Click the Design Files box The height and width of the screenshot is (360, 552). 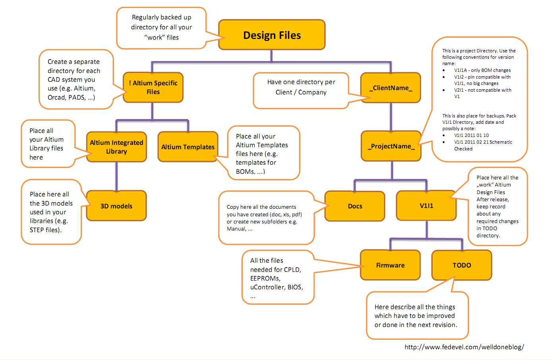coord(272,35)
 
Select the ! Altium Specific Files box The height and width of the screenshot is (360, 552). coord(153,87)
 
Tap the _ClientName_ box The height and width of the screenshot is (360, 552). coord(390,88)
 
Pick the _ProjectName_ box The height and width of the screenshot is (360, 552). coord(391,146)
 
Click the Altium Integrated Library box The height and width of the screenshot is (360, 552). coord(116,147)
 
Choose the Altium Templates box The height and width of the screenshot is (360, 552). coord(188,147)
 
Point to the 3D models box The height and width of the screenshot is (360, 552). coord(116,206)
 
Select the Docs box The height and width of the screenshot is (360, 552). coord(355,206)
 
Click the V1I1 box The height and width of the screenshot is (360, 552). coord(426,206)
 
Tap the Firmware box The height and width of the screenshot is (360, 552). coord(390,265)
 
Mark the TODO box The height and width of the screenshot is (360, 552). coord(461,265)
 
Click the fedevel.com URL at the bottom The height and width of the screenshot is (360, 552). coord(464,347)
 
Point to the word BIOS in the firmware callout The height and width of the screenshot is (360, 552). coord(295,287)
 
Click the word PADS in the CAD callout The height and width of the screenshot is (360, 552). coord(77,97)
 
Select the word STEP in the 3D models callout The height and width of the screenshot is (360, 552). coord(37,230)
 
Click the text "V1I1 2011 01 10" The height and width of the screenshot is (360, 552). coord(471,135)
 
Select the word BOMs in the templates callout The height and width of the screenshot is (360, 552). coord(245,171)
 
